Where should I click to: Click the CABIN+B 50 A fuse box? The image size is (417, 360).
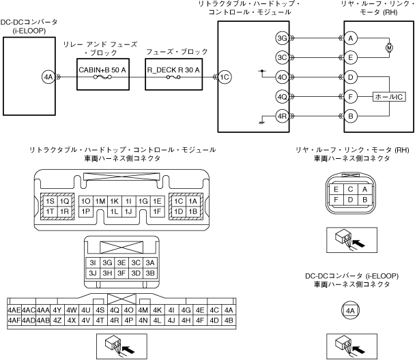click(102, 77)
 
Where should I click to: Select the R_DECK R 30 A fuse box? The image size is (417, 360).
click(173, 77)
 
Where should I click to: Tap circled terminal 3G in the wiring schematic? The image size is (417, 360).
click(281, 38)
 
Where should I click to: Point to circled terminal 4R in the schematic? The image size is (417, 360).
click(281, 116)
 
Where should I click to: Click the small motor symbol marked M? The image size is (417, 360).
click(390, 48)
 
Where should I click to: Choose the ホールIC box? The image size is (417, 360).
click(390, 97)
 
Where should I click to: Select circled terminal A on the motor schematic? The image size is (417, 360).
click(350, 38)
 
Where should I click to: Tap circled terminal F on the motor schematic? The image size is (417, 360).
click(350, 97)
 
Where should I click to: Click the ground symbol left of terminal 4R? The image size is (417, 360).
click(261, 122)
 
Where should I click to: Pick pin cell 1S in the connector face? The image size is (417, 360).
click(50, 202)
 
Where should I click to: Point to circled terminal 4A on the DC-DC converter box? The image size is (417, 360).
click(48, 77)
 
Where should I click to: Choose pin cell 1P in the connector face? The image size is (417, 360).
click(85, 212)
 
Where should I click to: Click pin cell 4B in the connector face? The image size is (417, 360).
click(229, 320)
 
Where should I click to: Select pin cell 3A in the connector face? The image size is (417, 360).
click(150, 262)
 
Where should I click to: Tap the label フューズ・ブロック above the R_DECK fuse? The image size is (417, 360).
click(173, 52)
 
